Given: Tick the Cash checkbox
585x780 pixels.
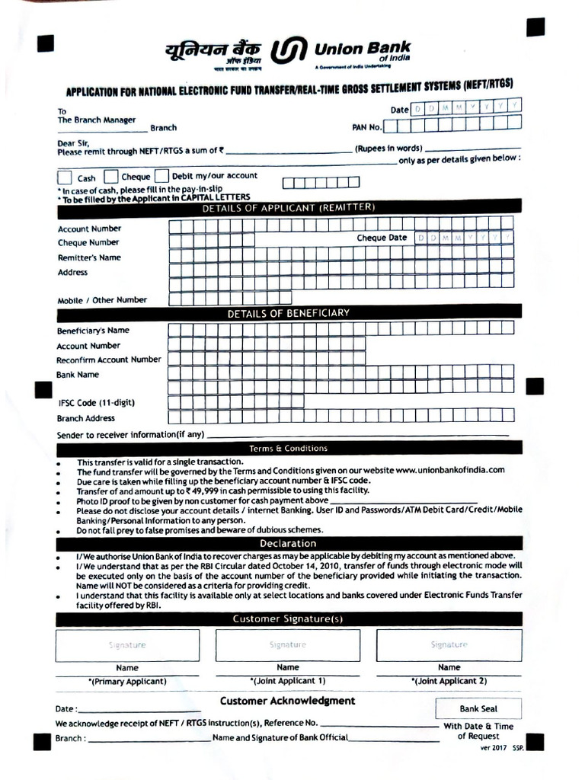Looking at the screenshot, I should click(65, 177).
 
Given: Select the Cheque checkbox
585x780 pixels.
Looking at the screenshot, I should click(110, 177).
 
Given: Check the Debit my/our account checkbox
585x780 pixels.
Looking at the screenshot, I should click(161, 177).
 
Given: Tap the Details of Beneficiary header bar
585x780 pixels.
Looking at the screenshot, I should click(288, 312).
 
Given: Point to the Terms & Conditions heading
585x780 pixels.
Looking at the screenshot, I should click(288, 448).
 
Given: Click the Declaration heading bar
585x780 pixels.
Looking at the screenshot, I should click(288, 543).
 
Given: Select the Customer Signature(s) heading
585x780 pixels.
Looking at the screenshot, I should click(288, 619).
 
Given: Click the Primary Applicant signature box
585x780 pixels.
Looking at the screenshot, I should click(127, 645).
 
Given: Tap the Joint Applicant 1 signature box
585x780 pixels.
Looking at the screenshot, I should click(288, 645).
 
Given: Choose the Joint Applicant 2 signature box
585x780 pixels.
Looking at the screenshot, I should click(449, 645).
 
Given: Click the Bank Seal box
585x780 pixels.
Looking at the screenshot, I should click(478, 708).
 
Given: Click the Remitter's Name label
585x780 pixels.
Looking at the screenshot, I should click(89, 257).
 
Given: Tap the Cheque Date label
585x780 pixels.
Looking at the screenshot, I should click(382, 238).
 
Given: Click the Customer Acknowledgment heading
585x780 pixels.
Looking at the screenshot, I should click(287, 700).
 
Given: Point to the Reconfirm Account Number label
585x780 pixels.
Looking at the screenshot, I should click(109, 360).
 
